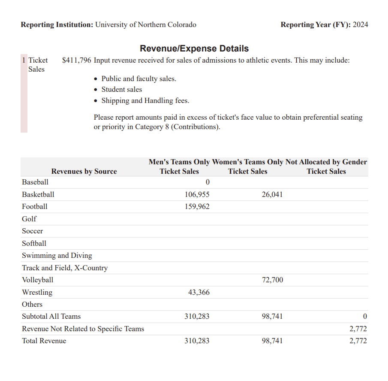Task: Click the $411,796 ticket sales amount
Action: pos(76,60)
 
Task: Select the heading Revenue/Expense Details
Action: pos(194,48)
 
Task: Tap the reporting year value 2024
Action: pos(360,24)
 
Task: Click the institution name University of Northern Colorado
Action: pos(145,24)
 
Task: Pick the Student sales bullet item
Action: pos(121,89)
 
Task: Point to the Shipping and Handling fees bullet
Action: pos(145,100)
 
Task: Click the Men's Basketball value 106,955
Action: pos(197,194)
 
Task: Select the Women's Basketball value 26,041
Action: pos(272,194)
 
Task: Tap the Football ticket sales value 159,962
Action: pos(197,206)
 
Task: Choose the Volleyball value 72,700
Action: pos(272,280)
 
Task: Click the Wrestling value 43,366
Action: pos(199,292)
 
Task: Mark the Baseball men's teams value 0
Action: pos(208,182)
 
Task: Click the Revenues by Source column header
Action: pos(84,171)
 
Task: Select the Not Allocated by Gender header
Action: pos(326,162)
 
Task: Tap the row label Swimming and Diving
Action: pos(57,255)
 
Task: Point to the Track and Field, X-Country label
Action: pos(65,268)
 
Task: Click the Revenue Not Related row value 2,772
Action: pos(358,329)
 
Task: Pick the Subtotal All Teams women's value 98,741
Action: pos(272,316)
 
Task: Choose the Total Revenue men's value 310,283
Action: pos(197,341)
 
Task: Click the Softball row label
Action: pos(34,243)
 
